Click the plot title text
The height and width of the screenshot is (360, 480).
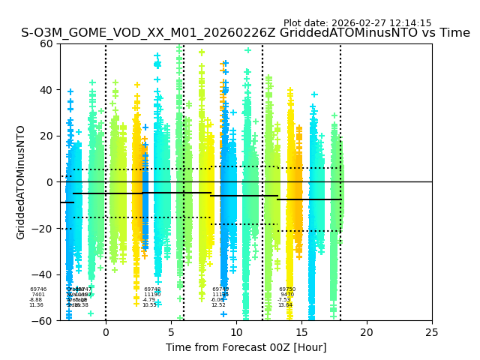[245, 33]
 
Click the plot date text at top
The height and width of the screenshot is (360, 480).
[357, 23]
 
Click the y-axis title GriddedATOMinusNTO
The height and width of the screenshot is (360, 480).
[21, 182]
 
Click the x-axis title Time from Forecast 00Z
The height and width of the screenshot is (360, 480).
[246, 347]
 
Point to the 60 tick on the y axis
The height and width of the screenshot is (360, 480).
[47, 43]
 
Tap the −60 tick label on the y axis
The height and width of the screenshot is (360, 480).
[44, 320]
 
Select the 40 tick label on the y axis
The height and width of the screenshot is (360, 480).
[47, 90]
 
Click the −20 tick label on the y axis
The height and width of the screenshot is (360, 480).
[44, 228]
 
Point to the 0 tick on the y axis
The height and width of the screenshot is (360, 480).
[50, 182]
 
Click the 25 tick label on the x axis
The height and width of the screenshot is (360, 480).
[432, 332]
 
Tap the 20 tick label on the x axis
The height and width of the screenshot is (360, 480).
[367, 332]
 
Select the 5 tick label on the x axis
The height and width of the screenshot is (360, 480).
[171, 332]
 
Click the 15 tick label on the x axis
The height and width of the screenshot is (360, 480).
[301, 332]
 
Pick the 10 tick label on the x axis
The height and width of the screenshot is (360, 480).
[236, 332]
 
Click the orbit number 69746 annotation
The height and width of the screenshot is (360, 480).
[38, 289]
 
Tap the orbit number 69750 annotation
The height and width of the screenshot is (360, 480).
[287, 289]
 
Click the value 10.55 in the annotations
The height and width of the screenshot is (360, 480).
[149, 305]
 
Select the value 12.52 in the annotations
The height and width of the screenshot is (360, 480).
[218, 305]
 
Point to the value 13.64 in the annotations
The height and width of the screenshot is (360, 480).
[285, 305]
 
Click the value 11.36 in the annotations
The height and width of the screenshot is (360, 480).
[36, 305]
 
